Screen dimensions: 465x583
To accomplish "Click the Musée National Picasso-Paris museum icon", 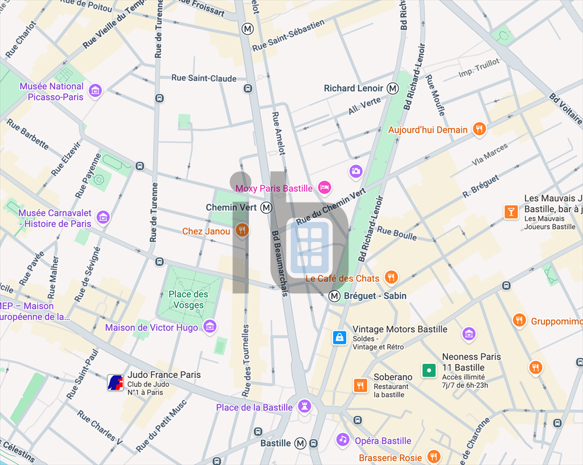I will [96, 90].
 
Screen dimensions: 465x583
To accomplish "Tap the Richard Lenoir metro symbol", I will [393, 88].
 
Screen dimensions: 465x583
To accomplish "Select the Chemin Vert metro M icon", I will [266, 208].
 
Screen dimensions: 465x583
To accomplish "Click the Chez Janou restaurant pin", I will [241, 230].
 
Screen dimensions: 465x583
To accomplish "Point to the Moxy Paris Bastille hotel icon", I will [325, 187].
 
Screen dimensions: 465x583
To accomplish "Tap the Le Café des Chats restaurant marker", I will [391, 277].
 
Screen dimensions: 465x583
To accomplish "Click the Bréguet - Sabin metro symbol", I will [334, 295].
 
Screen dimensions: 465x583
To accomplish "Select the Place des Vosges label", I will [188, 299].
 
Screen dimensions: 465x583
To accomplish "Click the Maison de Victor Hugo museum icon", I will [210, 326].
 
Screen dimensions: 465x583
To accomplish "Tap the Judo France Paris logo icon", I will [116, 382].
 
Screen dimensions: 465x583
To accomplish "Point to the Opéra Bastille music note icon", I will [342, 439].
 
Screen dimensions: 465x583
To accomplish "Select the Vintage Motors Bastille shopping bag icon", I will [340, 338].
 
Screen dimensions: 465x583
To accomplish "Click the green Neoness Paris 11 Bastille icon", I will [429, 371].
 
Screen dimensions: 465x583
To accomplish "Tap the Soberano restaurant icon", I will [360, 385].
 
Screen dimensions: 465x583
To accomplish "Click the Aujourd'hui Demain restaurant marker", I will [479, 129].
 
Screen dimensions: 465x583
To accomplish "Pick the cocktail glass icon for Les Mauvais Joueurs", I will [511, 212].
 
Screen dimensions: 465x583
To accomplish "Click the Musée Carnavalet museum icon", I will [103, 217].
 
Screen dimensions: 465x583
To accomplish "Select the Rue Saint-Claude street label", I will [204, 78].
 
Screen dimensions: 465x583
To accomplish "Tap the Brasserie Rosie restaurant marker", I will [433, 456].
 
